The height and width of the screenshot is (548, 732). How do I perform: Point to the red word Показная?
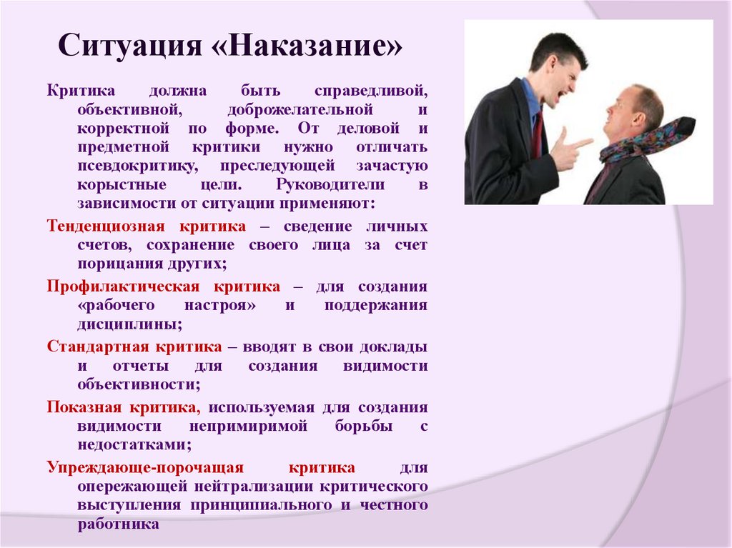coord(84,407)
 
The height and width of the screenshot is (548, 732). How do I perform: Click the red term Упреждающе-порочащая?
coord(146,467)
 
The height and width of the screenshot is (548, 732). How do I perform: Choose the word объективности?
coord(138,384)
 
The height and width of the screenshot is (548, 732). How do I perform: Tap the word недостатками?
coord(134,444)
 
